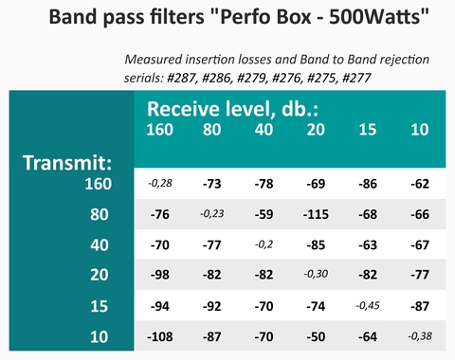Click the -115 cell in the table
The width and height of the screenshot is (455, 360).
(316, 214)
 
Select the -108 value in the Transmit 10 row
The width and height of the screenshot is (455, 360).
(160, 336)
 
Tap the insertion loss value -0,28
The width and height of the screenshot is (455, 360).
(160, 183)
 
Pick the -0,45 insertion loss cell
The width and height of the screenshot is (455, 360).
(368, 306)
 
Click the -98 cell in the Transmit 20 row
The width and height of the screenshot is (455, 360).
(160, 275)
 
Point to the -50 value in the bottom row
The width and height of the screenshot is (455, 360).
(316, 336)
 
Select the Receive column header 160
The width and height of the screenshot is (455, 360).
(159, 130)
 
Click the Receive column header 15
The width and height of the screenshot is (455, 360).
(368, 130)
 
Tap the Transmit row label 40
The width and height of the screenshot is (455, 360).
(100, 245)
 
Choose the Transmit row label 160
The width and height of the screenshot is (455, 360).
(99, 184)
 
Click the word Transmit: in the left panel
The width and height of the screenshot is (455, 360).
(67, 163)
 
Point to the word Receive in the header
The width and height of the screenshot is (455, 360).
(183, 109)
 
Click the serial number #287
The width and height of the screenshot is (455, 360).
(181, 78)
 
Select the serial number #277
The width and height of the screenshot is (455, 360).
(356, 78)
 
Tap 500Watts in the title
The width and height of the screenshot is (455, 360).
(374, 17)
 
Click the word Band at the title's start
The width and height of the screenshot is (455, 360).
(73, 17)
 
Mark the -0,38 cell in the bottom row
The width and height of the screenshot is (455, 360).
(420, 336)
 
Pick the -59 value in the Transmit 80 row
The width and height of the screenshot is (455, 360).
(264, 214)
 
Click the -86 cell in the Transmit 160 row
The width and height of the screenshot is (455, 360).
(368, 184)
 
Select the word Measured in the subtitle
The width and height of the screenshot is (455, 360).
(154, 60)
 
